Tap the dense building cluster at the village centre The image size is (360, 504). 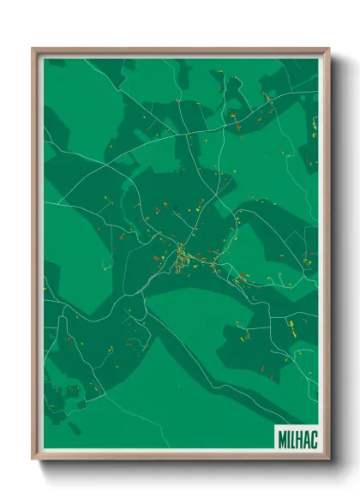point(181,255)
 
